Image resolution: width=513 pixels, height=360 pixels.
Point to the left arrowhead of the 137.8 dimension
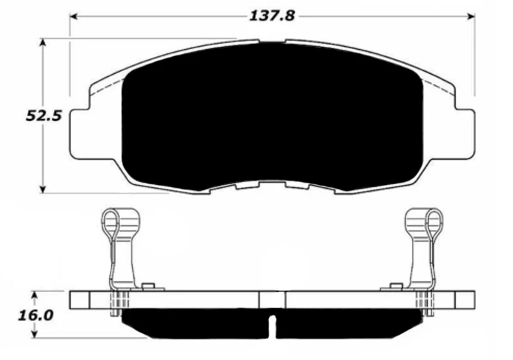point(73,15)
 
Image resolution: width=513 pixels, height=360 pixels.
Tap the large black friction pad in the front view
point(272,116)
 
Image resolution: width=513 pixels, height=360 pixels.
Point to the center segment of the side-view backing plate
point(272,300)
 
